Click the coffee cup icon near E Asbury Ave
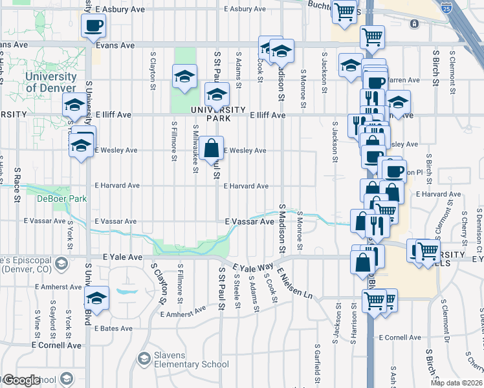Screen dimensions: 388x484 [93, 26]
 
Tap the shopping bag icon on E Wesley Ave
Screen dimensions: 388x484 [212, 149]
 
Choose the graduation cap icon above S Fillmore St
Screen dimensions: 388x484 [184, 77]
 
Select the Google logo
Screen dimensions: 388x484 [21, 380]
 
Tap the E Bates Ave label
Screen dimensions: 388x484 [116, 329]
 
